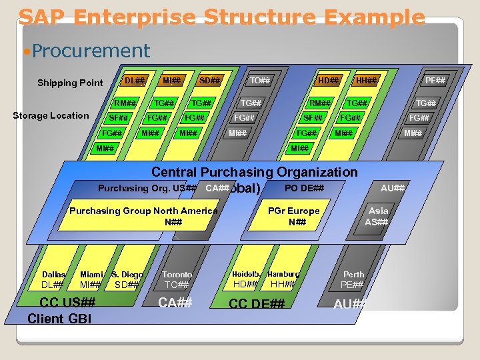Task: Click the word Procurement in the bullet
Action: (91, 51)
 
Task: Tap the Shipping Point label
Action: (70, 83)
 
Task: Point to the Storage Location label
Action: (51, 115)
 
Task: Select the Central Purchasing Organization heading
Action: (255, 172)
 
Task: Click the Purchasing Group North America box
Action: (144, 216)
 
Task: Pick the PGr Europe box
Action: (293, 216)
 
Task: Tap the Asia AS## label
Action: (377, 216)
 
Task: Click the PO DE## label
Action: (304, 188)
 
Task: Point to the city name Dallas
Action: (54, 274)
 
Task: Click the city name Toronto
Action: (177, 274)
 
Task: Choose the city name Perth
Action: (353, 274)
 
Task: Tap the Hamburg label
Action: (283, 274)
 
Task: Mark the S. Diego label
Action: (127, 274)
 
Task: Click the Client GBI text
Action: (59, 319)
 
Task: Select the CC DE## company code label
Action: (257, 304)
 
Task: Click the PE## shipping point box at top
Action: (435, 81)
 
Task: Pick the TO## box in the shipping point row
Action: (260, 81)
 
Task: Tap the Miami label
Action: (91, 274)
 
